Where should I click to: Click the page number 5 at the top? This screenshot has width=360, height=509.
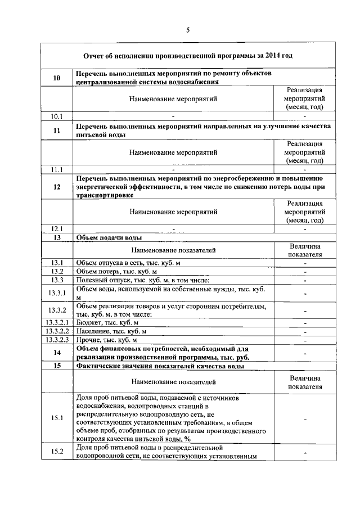187,31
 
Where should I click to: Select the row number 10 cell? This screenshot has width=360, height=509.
56,78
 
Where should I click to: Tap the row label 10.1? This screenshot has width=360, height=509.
56,116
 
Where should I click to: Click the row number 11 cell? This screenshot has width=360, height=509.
56,131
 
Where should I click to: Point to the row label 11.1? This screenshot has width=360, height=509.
56,169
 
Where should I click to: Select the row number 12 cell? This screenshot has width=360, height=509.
56,187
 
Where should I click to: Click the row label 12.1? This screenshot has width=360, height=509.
56,228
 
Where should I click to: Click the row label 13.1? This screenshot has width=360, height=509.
56,263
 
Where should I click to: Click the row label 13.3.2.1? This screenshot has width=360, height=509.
57,323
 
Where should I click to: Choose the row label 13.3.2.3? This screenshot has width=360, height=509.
57,340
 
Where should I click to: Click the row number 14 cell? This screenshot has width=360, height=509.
56,353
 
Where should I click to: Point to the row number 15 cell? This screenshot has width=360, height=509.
56,366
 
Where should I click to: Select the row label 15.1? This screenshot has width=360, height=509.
57,418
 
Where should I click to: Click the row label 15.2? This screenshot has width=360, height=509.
57,452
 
